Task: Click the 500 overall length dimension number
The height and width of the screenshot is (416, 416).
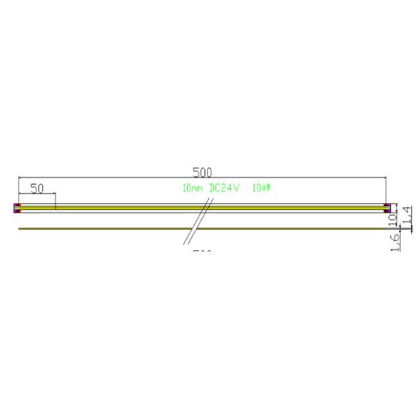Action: (202, 171)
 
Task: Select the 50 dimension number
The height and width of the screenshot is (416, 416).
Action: (37, 188)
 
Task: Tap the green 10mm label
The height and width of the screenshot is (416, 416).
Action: (192, 188)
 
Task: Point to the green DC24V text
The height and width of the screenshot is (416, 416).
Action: (224, 188)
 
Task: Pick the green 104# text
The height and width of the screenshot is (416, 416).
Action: (261, 188)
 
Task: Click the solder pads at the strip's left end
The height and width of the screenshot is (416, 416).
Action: (17, 207)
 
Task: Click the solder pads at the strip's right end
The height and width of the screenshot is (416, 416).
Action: (388, 207)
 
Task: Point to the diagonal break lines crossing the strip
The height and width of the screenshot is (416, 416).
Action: (198, 222)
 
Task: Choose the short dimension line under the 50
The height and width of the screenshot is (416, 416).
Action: (37, 193)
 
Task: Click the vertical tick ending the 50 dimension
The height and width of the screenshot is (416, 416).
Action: (55, 200)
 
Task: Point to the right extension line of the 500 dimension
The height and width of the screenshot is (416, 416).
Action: (387, 191)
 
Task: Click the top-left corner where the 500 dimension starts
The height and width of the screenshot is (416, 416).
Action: (19, 178)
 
